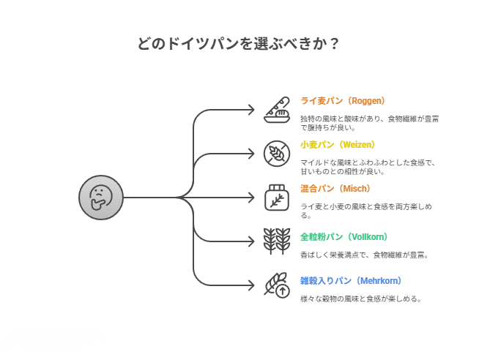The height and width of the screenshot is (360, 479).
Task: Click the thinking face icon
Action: pos(100,198)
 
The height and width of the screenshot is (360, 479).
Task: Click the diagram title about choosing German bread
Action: pos(239,43)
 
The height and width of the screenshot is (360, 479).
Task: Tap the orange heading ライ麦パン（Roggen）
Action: pos(342,101)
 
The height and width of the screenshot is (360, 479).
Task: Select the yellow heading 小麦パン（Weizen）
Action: pos(338,145)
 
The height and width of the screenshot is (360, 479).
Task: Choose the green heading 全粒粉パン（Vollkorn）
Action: pos(344,237)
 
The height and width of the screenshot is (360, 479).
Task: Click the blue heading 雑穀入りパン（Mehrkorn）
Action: pos(351,281)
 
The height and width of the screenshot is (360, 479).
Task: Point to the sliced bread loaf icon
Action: pos(277,110)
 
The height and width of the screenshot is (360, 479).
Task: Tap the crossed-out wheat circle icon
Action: pos(277,154)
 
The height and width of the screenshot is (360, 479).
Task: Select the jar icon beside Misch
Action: pos(277,198)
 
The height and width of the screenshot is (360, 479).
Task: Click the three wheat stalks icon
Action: pos(277,241)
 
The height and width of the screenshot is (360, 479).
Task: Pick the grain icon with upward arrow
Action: pos(277,285)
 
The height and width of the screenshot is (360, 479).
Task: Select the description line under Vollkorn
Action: pos(364,255)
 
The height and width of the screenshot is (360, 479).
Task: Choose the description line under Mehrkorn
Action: pos(360,299)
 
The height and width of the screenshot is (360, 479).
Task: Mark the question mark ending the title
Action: pos(334,43)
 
